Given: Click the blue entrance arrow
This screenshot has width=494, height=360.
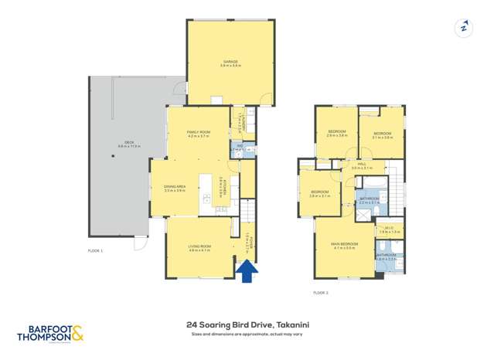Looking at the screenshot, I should [x=247, y=271].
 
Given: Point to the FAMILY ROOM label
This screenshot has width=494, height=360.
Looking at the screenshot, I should [x=198, y=132].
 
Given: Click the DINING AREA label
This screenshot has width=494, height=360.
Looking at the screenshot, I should [x=175, y=188].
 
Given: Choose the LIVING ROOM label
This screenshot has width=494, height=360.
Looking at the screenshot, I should [x=199, y=246].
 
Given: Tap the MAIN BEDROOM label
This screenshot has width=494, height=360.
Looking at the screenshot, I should [x=344, y=244].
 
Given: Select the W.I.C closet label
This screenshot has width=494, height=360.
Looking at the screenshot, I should [x=387, y=229].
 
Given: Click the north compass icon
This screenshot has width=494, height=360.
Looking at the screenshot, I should [x=463, y=28].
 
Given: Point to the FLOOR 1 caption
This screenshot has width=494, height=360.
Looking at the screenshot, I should [x=95, y=251].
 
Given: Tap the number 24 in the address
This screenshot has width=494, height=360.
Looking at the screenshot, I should [x=191, y=325].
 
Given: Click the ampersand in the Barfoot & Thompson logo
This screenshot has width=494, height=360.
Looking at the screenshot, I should [x=77, y=335].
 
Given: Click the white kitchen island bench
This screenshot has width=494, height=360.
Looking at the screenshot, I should [x=206, y=192].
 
